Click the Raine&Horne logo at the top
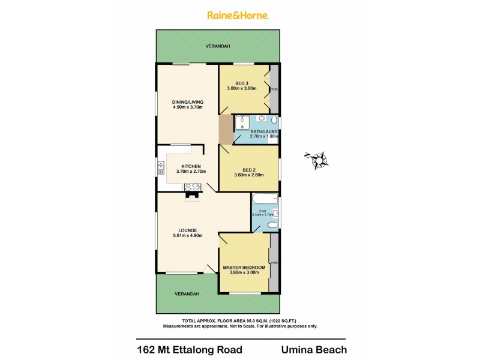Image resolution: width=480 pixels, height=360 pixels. pyautogui.click(x=238, y=16)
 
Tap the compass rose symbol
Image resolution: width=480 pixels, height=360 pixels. pyautogui.click(x=317, y=160)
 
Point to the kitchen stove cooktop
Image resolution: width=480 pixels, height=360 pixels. pyautogui.click(x=193, y=186)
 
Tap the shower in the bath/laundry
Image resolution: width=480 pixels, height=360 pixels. pyautogui.click(x=242, y=123)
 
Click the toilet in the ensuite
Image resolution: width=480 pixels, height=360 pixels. pyautogui.click(x=272, y=225)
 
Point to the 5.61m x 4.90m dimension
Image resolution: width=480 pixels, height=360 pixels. pyautogui.click(x=187, y=236)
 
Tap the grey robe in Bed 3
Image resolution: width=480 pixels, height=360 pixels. pyautogui.click(x=274, y=89)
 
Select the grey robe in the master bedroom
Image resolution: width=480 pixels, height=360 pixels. pyautogui.click(x=274, y=263)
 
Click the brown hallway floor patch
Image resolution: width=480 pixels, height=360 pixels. pyautogui.click(x=225, y=130)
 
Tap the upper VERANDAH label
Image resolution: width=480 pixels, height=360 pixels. pyautogui.click(x=218, y=46)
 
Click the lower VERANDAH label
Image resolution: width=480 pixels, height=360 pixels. pyautogui.click(x=187, y=294)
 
